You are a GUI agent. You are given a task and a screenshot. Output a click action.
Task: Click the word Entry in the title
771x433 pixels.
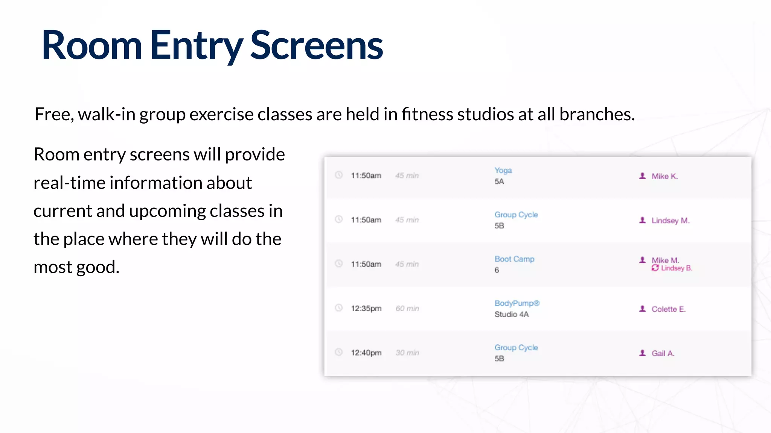[x=196, y=46]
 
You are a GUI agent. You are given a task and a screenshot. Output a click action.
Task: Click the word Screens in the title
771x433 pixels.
[x=316, y=46]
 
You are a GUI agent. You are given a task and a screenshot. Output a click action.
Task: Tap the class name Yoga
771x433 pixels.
[x=503, y=170]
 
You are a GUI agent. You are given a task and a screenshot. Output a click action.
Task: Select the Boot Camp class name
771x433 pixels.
[x=514, y=259]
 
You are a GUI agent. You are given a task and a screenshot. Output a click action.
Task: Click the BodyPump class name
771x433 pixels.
[x=517, y=303]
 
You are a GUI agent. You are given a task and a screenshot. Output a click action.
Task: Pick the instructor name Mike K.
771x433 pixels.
[x=664, y=176]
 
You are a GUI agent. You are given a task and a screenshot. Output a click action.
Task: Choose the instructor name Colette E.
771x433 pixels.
[x=669, y=309]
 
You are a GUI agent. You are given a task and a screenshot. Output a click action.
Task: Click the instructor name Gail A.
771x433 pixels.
[x=663, y=353]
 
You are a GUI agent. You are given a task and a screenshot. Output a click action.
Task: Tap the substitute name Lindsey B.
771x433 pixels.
[x=677, y=268]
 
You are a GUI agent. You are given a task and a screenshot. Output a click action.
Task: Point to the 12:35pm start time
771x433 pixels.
[x=366, y=309]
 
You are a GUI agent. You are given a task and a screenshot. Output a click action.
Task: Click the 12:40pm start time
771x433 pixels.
[x=366, y=353]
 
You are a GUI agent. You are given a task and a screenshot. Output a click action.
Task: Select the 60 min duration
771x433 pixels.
[x=407, y=309]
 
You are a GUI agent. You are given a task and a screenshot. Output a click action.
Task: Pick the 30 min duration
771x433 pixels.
[x=407, y=353]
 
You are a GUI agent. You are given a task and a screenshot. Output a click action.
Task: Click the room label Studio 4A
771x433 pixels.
[x=511, y=314]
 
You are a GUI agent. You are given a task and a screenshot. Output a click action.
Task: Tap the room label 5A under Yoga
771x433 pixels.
[x=499, y=182]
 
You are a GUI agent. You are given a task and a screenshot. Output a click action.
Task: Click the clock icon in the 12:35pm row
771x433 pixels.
[x=339, y=308]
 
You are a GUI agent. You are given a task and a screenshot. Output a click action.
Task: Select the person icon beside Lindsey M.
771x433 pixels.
[x=643, y=220]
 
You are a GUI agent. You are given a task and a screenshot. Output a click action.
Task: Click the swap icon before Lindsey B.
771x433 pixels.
[x=655, y=268]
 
